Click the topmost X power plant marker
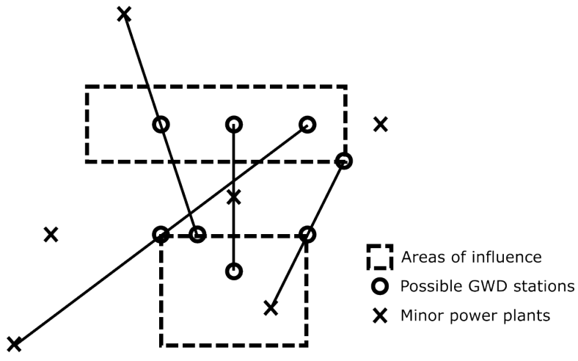[124, 13]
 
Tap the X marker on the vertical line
[233, 197]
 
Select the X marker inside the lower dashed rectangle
[271, 308]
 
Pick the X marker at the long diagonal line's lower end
[13, 344]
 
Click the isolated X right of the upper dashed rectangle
[380, 124]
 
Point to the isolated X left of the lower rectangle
[50, 235]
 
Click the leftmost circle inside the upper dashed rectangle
[161, 125]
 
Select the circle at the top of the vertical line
[233, 125]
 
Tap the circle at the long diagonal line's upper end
[307, 125]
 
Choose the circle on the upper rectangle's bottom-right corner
[343, 161]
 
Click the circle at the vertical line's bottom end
[233, 271]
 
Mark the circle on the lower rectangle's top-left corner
[161, 235]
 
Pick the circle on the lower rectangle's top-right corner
[307, 235]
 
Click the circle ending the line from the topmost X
[197, 235]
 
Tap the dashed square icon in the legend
[380, 258]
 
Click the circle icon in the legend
[380, 286]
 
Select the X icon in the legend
[380, 316]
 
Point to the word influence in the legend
[513, 258]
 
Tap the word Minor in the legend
[420, 316]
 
